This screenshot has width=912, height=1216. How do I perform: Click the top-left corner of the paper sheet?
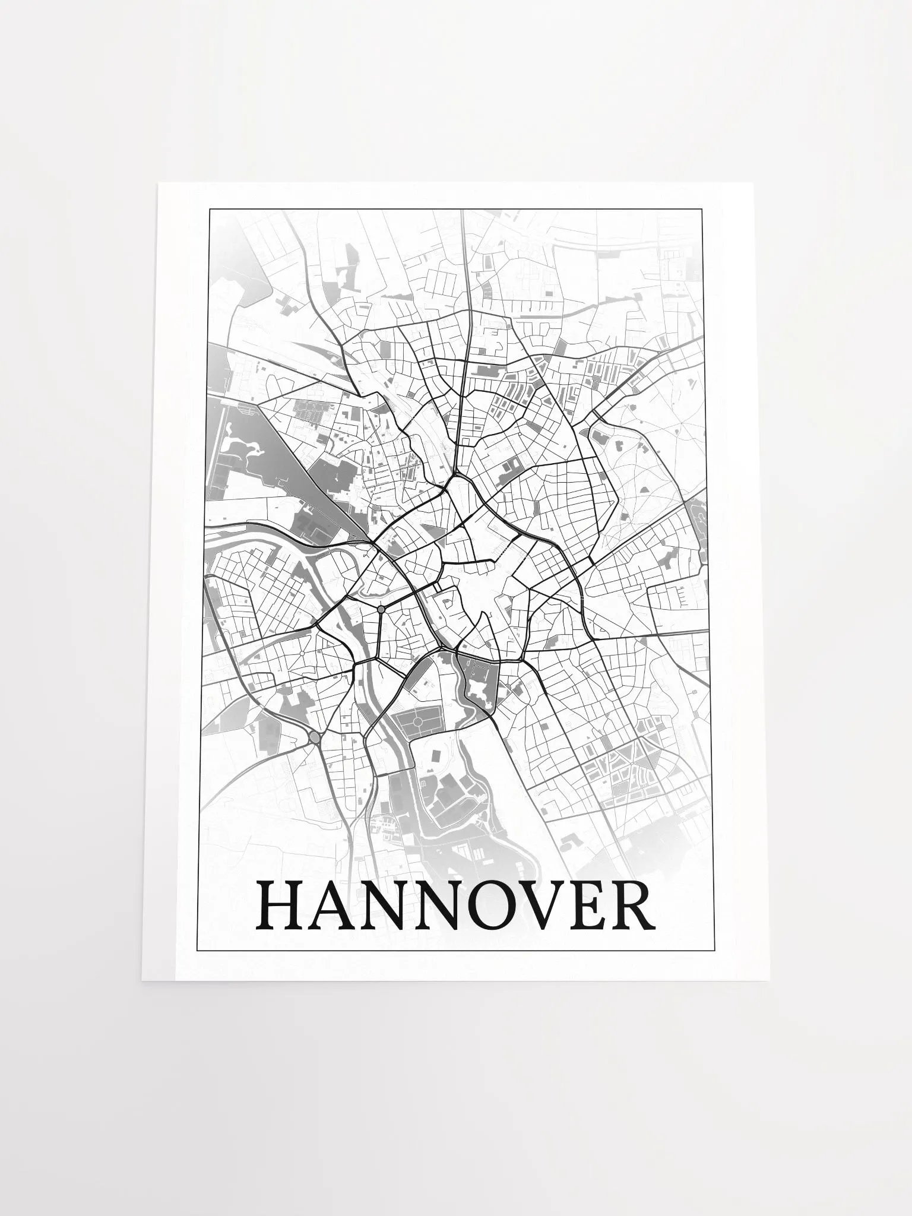pos(158,184)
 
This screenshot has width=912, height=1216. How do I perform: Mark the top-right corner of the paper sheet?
pos(753,183)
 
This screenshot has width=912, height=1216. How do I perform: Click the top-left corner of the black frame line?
pos(208,209)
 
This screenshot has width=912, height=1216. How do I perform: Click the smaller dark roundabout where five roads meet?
pos(381,609)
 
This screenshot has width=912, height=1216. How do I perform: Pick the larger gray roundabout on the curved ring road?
pos(314,738)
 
